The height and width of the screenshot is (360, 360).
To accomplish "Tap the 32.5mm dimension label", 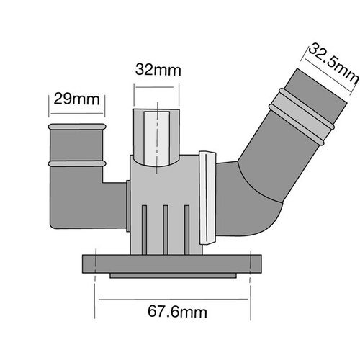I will pyautogui.click(x=333, y=63).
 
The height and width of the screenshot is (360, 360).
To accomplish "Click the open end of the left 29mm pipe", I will pyautogui.click(x=75, y=127).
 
